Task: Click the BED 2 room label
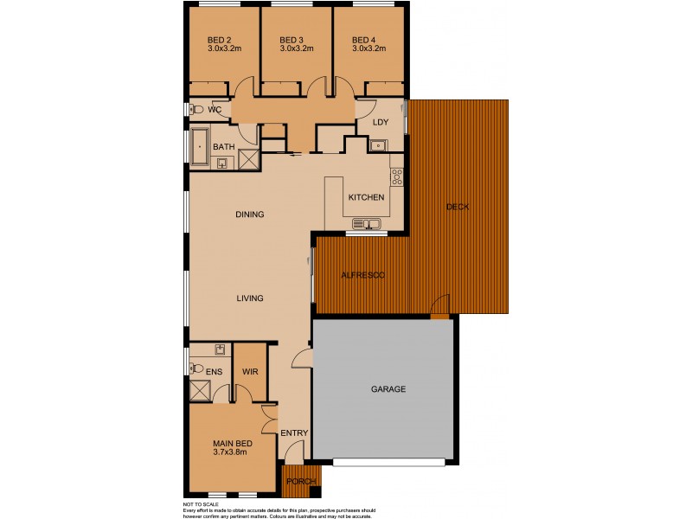click(x=219, y=40)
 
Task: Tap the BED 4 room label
click(x=363, y=40)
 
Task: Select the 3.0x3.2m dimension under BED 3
click(x=296, y=49)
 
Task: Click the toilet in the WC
click(x=197, y=110)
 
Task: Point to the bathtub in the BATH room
click(x=201, y=148)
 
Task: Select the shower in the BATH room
click(x=249, y=159)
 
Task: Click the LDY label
click(x=380, y=122)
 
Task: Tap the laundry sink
click(x=378, y=145)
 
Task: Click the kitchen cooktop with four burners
click(x=397, y=176)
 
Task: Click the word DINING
click(x=249, y=215)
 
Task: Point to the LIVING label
click(x=249, y=298)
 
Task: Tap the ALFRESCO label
click(x=362, y=274)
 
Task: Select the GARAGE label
click(x=388, y=389)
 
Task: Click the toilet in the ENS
click(x=198, y=368)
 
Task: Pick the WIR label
click(x=250, y=371)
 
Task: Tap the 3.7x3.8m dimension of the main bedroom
click(x=230, y=452)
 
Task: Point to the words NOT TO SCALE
click(x=201, y=504)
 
